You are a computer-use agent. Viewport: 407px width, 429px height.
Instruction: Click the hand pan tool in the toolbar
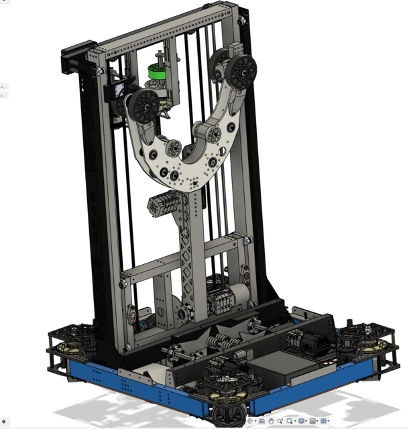point(270,421)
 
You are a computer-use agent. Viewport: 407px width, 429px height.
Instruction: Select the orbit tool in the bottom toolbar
point(249,421)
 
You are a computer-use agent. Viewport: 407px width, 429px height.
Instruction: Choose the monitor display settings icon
point(302,421)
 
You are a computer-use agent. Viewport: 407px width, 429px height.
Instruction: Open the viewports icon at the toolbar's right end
point(324,421)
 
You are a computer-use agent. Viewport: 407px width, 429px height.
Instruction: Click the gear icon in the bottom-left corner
point(3,421)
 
